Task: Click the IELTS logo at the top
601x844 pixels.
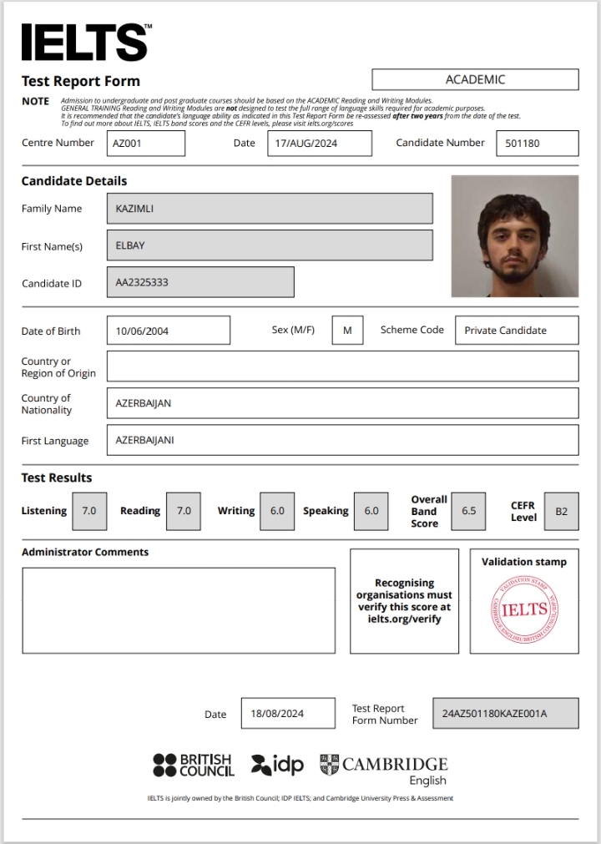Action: coord(85,42)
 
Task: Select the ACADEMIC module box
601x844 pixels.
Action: coord(475,79)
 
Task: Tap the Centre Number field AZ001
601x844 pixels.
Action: coord(146,143)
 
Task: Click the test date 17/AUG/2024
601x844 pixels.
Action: coord(320,143)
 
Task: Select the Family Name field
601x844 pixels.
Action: coord(270,209)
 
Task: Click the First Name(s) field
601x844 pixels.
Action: coord(270,245)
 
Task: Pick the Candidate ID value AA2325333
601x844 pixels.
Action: coord(200,282)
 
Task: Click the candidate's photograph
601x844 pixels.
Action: coord(514,236)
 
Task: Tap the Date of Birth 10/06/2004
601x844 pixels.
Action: coord(169,331)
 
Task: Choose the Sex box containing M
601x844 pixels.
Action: coord(347,331)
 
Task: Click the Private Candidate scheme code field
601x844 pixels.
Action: coord(517,331)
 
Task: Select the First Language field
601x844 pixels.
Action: coord(342,440)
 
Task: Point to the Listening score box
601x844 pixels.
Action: coord(89,511)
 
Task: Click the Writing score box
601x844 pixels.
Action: coord(277,511)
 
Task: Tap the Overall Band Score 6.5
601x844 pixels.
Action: coord(469,511)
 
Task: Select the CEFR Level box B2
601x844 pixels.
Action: coord(561,512)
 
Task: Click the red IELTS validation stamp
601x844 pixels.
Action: coord(524,609)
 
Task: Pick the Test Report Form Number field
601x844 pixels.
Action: coord(505,714)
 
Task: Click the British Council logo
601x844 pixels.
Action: coord(193,765)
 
